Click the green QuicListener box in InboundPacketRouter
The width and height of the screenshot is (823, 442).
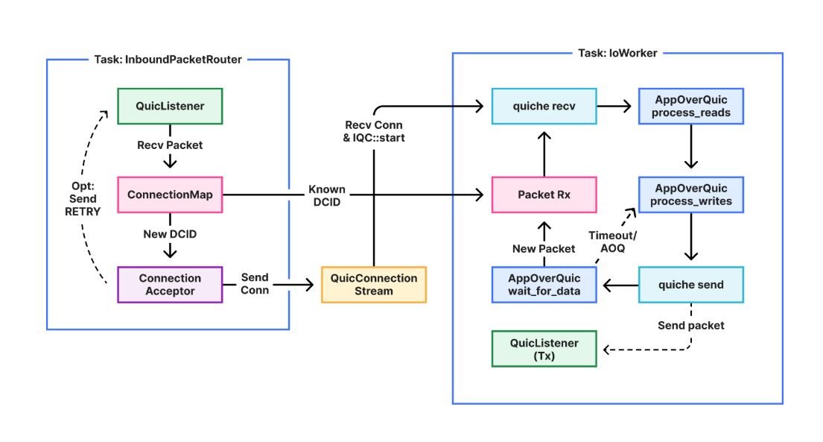pyautogui.click(x=171, y=106)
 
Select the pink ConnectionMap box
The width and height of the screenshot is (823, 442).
pyautogui.click(x=171, y=195)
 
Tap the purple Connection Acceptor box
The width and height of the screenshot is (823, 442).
pyautogui.click(x=171, y=284)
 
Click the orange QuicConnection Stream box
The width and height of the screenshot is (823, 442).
pyautogui.click(x=373, y=284)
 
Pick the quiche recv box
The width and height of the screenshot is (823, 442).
pyautogui.click(x=544, y=107)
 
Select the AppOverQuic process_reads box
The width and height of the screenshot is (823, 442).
pyautogui.click(x=690, y=107)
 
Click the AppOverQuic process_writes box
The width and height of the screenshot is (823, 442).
pyautogui.click(x=690, y=195)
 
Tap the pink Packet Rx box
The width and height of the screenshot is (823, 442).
pyautogui.click(x=544, y=195)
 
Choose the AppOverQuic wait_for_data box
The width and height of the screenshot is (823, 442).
pyautogui.click(x=544, y=284)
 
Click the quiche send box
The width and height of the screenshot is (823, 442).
pyautogui.click(x=690, y=284)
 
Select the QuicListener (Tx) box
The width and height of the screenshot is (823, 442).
pyautogui.click(x=544, y=349)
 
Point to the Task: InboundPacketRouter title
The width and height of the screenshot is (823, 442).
pyautogui.click(x=168, y=60)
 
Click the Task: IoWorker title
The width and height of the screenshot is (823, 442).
pyautogui.click(x=617, y=53)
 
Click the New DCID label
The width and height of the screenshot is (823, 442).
pyautogui.click(x=171, y=233)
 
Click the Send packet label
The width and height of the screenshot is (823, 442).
pyautogui.click(x=690, y=326)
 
